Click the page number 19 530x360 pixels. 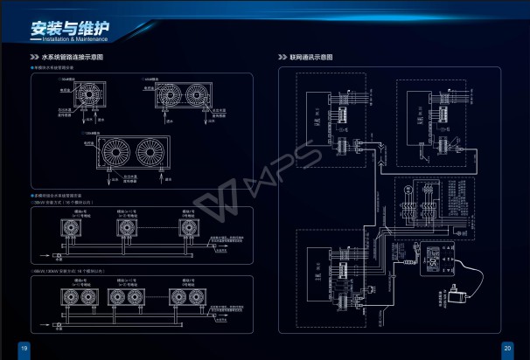coord(24,349)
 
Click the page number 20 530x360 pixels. coord(506,349)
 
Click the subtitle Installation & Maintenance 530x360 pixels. coord(73,39)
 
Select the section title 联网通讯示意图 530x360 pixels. coord(314,58)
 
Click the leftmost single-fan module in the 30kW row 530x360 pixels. coord(70,229)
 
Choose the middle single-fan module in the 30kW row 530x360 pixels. coord(130,229)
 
